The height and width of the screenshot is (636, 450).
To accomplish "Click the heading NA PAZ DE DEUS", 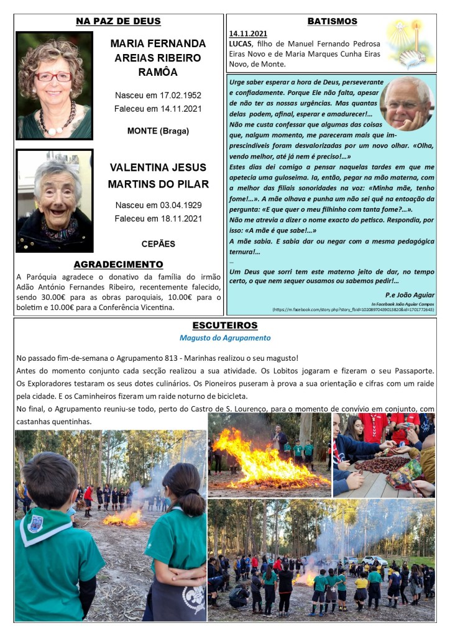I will [118, 22].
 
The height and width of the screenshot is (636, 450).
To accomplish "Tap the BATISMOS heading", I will [332, 22].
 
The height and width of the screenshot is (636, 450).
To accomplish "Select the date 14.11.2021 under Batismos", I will [248, 34].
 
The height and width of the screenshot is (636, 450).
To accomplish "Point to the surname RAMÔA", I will [158, 72].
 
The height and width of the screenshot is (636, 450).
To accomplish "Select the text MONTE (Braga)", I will [158, 131].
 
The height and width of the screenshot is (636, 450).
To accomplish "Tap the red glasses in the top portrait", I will [53, 76].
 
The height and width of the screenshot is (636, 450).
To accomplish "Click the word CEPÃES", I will [158, 244].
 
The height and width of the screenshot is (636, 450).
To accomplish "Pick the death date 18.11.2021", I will [180, 219].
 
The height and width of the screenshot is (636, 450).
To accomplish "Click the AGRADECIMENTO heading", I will [118, 265].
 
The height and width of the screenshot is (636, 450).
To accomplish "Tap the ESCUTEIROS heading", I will [225, 325].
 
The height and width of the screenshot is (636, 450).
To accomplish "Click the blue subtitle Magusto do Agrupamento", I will [225, 338].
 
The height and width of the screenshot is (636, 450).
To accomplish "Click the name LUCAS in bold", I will [240, 44].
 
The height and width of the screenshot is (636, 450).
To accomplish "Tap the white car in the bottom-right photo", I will [375, 560].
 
